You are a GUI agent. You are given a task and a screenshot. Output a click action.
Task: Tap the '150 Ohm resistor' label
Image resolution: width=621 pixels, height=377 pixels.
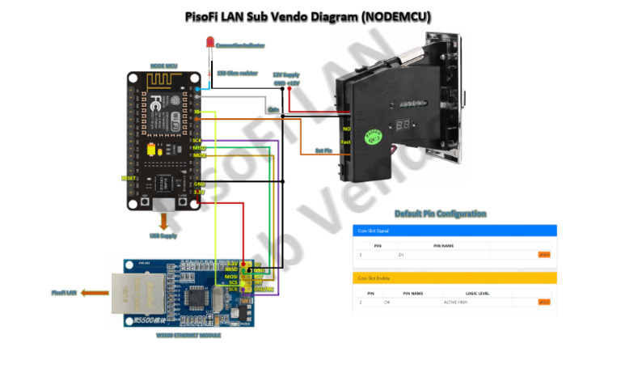(x=237, y=72)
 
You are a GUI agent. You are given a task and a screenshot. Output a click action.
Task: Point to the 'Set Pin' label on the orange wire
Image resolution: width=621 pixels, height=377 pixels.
(x=324, y=150)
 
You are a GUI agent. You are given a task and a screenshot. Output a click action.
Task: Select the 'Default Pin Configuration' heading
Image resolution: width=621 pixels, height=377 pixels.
(x=440, y=214)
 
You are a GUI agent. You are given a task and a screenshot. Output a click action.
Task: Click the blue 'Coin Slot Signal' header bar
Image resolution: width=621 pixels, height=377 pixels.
(x=454, y=231)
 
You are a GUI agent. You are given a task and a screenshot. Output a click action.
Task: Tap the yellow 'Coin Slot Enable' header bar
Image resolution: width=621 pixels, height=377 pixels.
(x=454, y=278)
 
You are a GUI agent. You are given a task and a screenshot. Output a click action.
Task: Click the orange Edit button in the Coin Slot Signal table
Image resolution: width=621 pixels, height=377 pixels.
(x=543, y=255)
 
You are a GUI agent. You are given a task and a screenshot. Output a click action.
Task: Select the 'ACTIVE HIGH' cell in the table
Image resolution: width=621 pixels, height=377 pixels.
(x=457, y=303)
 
